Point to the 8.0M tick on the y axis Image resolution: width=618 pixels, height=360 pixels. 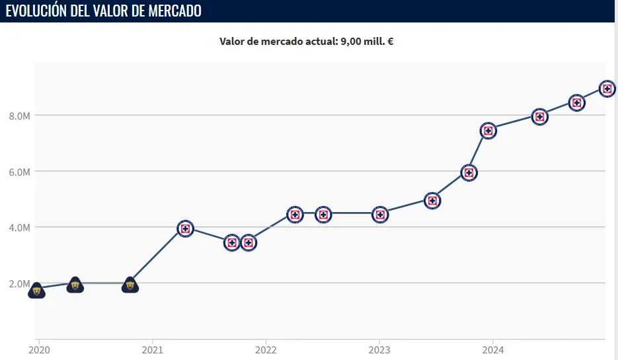19,116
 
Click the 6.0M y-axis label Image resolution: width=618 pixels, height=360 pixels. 19,172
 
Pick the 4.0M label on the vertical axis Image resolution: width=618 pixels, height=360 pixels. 19,227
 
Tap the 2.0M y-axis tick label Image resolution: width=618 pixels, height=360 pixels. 19,283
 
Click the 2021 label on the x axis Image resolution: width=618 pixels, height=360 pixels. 152,349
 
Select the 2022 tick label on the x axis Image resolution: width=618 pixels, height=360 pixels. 266,349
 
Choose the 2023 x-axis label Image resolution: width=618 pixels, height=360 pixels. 379,349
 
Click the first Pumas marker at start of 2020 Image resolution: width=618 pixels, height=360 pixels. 37,291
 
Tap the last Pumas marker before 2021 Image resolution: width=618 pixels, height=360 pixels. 130,285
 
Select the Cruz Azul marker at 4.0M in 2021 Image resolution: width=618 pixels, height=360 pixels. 185,229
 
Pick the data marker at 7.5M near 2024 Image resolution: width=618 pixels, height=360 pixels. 488,130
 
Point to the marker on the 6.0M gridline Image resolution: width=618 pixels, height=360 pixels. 469,172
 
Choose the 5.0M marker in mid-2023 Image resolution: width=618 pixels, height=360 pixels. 432,200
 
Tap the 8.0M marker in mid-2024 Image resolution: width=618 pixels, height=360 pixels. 540,117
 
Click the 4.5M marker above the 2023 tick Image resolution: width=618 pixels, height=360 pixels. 380,214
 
